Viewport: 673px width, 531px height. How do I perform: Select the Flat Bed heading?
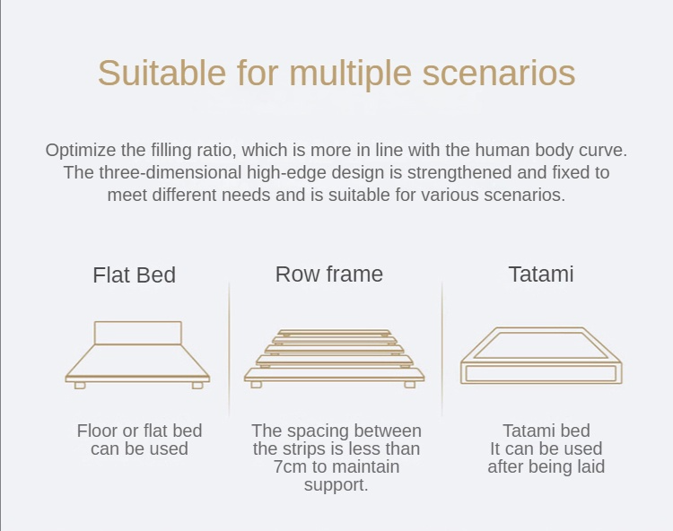point(135,275)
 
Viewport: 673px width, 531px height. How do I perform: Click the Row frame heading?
point(329,274)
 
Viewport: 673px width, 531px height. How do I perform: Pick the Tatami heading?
point(541,274)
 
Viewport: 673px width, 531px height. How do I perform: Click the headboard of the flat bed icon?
point(137,333)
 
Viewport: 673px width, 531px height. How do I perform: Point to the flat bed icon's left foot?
point(80,386)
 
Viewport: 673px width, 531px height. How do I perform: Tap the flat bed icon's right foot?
point(197,386)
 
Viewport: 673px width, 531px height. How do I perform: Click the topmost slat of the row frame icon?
point(334,333)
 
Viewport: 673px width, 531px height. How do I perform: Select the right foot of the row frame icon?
point(410,385)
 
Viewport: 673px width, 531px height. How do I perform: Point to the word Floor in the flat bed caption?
point(98,431)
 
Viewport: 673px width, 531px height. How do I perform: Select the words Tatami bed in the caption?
point(546,431)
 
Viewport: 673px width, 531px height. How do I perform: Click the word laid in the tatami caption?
point(590,466)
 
